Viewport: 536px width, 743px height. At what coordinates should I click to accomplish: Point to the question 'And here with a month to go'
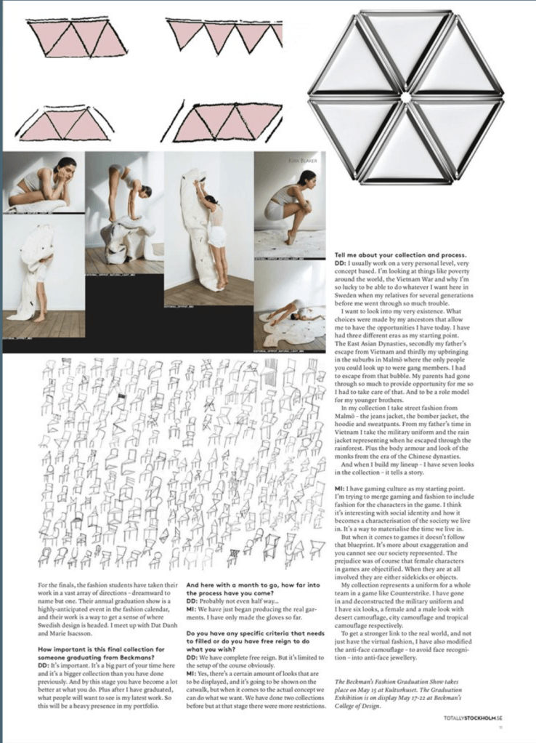[249, 589]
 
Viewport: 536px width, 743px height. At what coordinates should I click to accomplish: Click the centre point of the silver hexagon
[405, 96]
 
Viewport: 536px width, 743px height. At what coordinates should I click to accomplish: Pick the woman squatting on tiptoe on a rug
[292, 204]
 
